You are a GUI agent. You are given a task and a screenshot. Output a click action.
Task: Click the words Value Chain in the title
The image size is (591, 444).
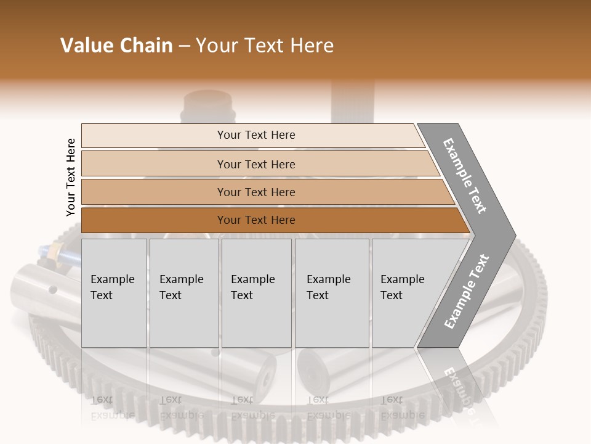[116, 46]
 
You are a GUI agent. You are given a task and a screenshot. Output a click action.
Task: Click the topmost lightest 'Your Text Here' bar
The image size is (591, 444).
[255, 135]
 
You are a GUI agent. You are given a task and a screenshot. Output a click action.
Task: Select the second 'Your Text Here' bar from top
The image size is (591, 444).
[255, 164]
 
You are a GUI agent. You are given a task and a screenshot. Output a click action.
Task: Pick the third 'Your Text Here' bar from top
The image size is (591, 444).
[255, 192]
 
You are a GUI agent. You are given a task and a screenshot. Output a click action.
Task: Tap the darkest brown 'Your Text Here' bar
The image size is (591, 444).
[255, 220]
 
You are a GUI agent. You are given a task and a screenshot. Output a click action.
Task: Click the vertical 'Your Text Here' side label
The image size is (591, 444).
[71, 177]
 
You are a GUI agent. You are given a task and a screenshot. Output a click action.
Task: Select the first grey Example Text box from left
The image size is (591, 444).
[114, 293]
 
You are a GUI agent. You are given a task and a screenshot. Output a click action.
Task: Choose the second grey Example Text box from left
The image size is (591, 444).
[183, 293]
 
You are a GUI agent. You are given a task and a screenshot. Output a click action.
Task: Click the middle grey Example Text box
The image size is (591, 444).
[256, 293]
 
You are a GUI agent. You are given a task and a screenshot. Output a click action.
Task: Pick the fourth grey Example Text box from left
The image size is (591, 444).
[331, 293]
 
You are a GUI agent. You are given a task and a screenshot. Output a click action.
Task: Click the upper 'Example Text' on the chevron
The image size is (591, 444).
[465, 176]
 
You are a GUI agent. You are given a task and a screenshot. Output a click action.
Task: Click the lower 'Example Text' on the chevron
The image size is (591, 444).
[467, 291]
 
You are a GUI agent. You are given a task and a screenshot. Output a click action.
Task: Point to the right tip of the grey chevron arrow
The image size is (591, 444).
[514, 236]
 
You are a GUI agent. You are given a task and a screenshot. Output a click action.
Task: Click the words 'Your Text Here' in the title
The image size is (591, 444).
[265, 46]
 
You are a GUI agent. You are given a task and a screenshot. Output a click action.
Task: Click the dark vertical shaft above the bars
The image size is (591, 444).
[352, 102]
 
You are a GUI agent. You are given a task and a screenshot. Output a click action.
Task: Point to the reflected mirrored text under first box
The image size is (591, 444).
[112, 407]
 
